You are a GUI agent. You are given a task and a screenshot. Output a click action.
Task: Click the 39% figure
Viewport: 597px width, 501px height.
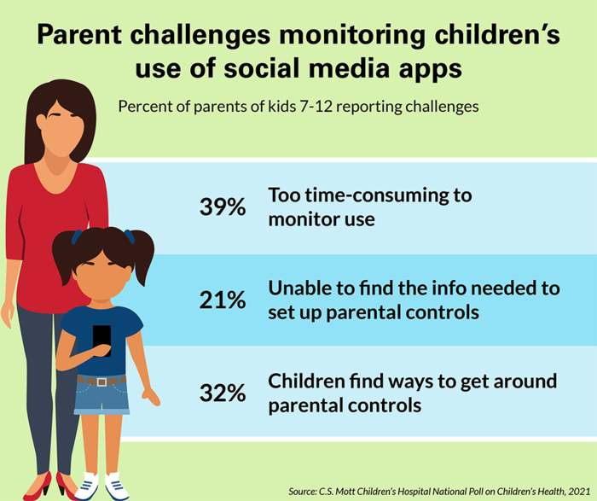pyautogui.click(x=223, y=207)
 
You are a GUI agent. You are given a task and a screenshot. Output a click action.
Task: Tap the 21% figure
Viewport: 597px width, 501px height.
pyautogui.click(x=223, y=300)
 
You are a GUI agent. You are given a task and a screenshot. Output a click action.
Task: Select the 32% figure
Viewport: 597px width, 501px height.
pyautogui.click(x=223, y=393)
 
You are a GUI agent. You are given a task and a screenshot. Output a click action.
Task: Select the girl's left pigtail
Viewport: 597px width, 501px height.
pyautogui.click(x=65, y=256)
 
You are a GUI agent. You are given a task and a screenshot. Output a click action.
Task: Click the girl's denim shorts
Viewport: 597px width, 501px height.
pyautogui.click(x=102, y=397)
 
